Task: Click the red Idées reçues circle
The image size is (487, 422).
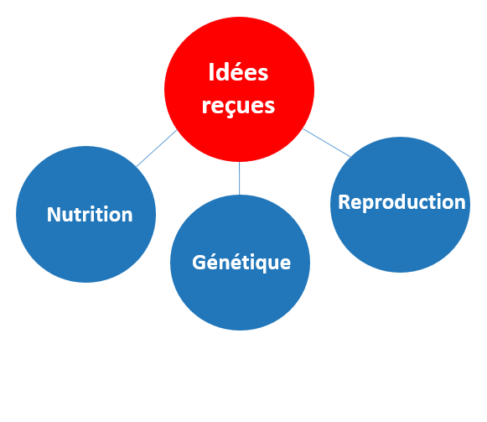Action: pyautogui.click(x=239, y=89)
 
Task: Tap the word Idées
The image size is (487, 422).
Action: pyautogui.click(x=238, y=72)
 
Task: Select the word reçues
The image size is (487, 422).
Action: pyautogui.click(x=238, y=107)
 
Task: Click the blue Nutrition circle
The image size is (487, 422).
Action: pyautogui.click(x=85, y=214)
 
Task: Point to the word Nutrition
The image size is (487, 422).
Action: pyautogui.click(x=90, y=214)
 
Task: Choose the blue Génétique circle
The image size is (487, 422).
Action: pyautogui.click(x=240, y=262)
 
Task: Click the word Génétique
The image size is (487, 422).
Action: pyautogui.click(x=241, y=263)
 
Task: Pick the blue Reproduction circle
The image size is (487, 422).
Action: pyautogui.click(x=400, y=205)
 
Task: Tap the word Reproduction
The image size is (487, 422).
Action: pyautogui.click(x=402, y=202)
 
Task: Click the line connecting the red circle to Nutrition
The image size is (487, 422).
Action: pyautogui.click(x=157, y=148)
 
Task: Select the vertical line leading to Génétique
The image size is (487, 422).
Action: pyautogui.click(x=239, y=178)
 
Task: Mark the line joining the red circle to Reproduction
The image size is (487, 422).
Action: pyautogui.click(x=327, y=143)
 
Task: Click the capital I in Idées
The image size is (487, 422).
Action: pyautogui.click(x=211, y=72)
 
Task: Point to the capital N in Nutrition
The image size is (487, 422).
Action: pyautogui.click(x=54, y=214)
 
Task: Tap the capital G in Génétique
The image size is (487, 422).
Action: pyautogui.click(x=199, y=263)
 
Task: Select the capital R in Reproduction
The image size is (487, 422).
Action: pyautogui.click(x=345, y=202)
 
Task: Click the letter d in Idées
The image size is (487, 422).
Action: pyautogui.click(x=221, y=72)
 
